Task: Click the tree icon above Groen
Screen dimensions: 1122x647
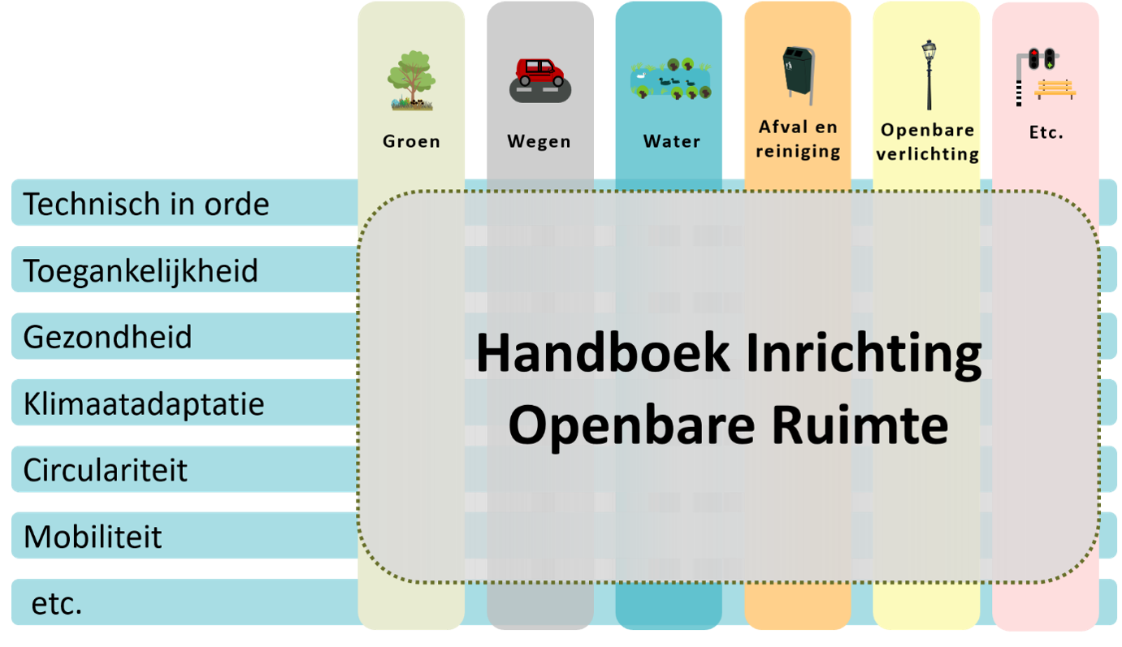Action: pos(411,80)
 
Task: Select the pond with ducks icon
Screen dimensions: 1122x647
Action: pos(671,79)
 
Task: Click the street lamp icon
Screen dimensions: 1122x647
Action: pos(929,75)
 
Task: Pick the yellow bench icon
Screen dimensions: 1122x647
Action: pos(1055,89)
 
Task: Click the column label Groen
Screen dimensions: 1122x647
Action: pos(411,141)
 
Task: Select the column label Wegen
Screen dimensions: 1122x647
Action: pos(539,141)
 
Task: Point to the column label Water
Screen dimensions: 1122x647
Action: pos(672,141)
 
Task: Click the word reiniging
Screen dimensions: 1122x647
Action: pos(798,151)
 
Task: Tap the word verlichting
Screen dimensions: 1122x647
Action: pos(927,153)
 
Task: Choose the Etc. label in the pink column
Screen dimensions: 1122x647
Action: pos(1046,132)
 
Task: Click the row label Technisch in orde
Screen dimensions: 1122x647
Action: pos(146,204)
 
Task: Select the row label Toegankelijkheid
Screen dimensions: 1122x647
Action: pos(141,270)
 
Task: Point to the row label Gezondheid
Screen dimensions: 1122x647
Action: pos(108,336)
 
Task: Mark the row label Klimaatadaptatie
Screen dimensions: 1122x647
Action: pos(144,403)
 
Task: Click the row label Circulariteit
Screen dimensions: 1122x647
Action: pos(105,470)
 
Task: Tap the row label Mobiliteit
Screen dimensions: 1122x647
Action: pos(93,537)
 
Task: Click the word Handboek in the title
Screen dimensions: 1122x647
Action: pos(603,352)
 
